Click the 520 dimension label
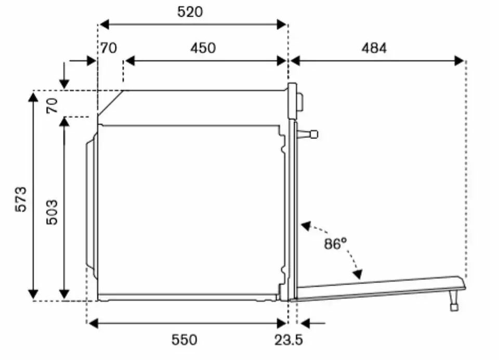[x=190, y=11]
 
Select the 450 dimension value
[x=203, y=48]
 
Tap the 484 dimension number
[x=374, y=48]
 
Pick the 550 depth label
[x=185, y=340]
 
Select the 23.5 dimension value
[x=289, y=340]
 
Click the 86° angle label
[x=335, y=243]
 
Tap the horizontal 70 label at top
[x=109, y=48]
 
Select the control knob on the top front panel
[x=300, y=101]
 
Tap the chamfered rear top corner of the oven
[x=110, y=102]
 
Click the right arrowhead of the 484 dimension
[x=459, y=61]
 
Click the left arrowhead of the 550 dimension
[x=93, y=324]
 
